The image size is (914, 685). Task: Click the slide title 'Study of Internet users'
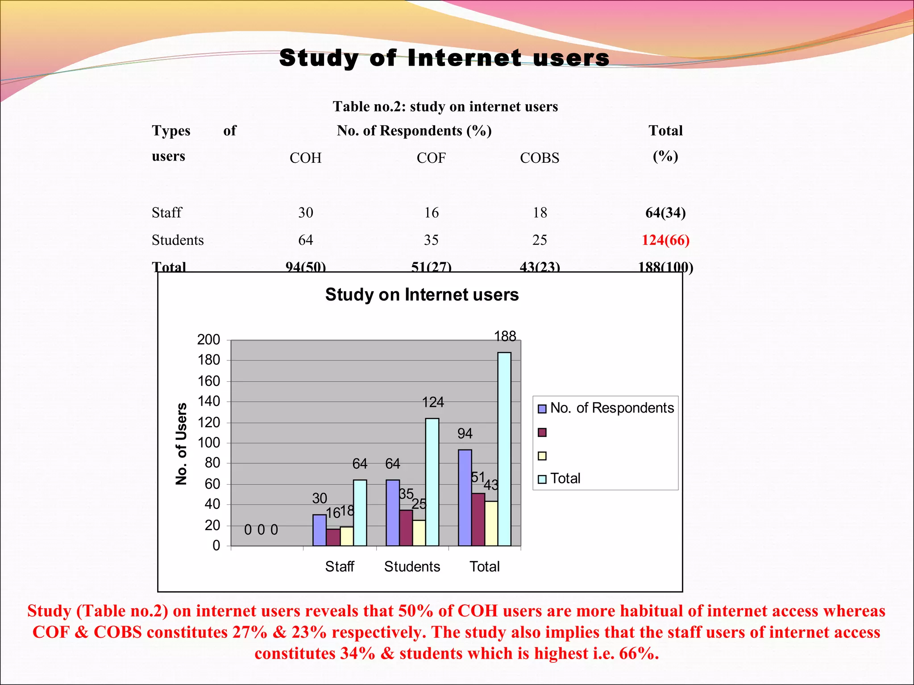[444, 58]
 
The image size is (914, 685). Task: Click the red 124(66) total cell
[665, 240]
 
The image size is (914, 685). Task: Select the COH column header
[305, 158]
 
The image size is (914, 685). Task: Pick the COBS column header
[539, 158]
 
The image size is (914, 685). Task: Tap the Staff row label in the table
[167, 212]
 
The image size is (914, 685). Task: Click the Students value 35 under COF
[431, 240]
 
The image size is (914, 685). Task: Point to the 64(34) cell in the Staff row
[665, 212]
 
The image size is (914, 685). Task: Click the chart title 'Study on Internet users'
[422, 295]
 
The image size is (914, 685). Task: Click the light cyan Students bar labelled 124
[432, 482]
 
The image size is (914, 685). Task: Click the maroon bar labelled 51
[478, 519]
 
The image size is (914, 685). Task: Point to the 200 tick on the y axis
[209, 340]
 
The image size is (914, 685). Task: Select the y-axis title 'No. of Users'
[181, 444]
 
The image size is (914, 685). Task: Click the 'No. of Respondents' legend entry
[611, 408]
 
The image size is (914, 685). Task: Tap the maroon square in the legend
[542, 433]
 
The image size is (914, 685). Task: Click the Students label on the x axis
[412, 567]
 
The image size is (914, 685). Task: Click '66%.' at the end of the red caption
[639, 653]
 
